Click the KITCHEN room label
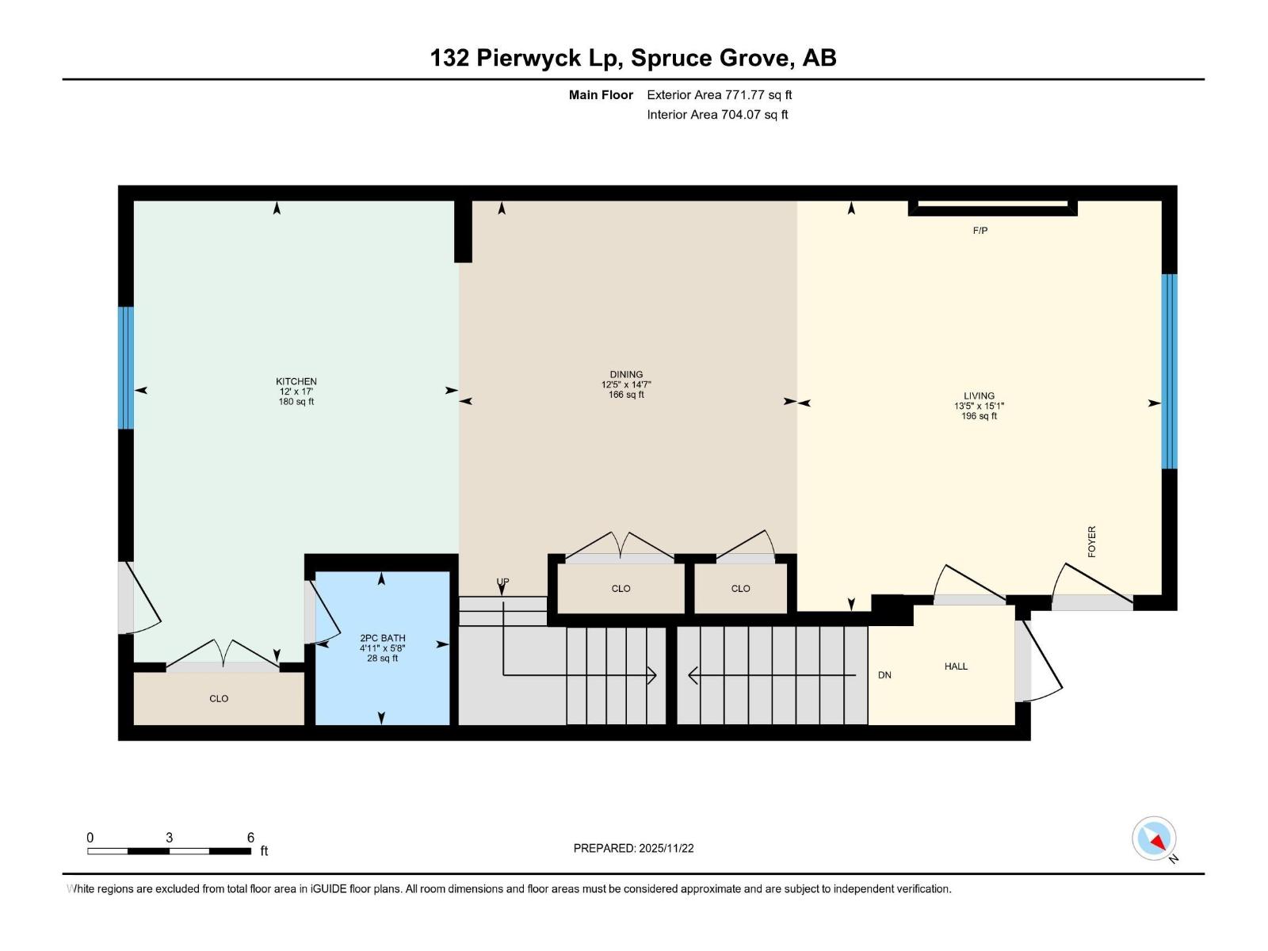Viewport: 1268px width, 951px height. [296, 381]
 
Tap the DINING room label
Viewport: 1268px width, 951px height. [626, 374]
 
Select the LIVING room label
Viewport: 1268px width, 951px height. [979, 395]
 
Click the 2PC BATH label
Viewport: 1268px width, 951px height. [382, 638]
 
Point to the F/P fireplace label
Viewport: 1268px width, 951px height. [980, 231]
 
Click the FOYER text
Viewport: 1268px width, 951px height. [1091, 541]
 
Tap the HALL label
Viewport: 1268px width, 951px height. [956, 666]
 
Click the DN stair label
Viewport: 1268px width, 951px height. [884, 675]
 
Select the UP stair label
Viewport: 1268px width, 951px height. [502, 582]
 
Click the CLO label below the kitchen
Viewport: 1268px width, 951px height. [219, 698]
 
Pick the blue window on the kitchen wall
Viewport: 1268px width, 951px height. [125, 368]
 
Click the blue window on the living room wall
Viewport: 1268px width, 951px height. [1169, 371]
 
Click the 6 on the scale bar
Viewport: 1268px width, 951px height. [250, 838]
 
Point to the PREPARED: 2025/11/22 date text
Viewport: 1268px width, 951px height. [633, 848]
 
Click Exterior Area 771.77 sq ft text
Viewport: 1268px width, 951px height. [719, 94]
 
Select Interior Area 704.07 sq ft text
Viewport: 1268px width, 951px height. [717, 114]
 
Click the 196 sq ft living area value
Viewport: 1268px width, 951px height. [979, 416]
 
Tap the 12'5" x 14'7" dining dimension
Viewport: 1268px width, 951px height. [626, 384]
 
